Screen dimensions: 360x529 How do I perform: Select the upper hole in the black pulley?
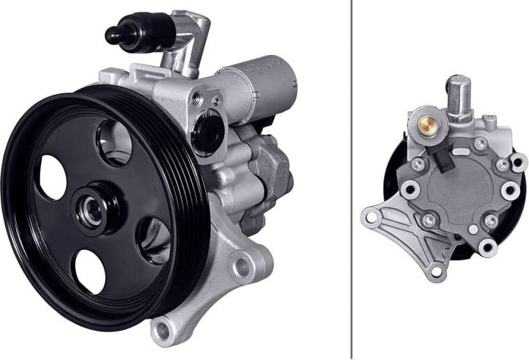[114, 142]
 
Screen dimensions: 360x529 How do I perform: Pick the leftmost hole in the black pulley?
[52, 177]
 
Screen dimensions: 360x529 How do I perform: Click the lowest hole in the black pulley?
[90, 271]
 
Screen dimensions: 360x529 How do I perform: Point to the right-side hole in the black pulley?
[154, 239]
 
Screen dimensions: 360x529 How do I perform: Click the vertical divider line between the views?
[352, 180]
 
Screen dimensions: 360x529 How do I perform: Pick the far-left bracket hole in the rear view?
[371, 216]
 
